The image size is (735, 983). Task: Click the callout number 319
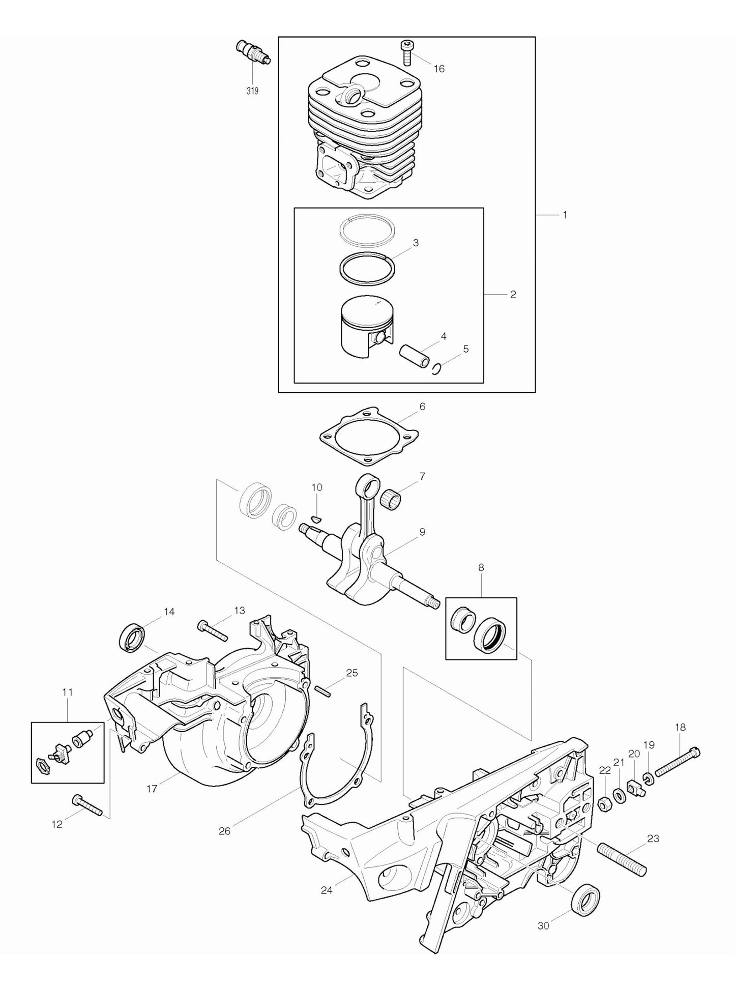tap(252, 91)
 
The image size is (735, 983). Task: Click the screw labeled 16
tap(406, 53)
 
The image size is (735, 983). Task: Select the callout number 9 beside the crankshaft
tap(422, 532)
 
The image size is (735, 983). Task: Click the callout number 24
tap(327, 890)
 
